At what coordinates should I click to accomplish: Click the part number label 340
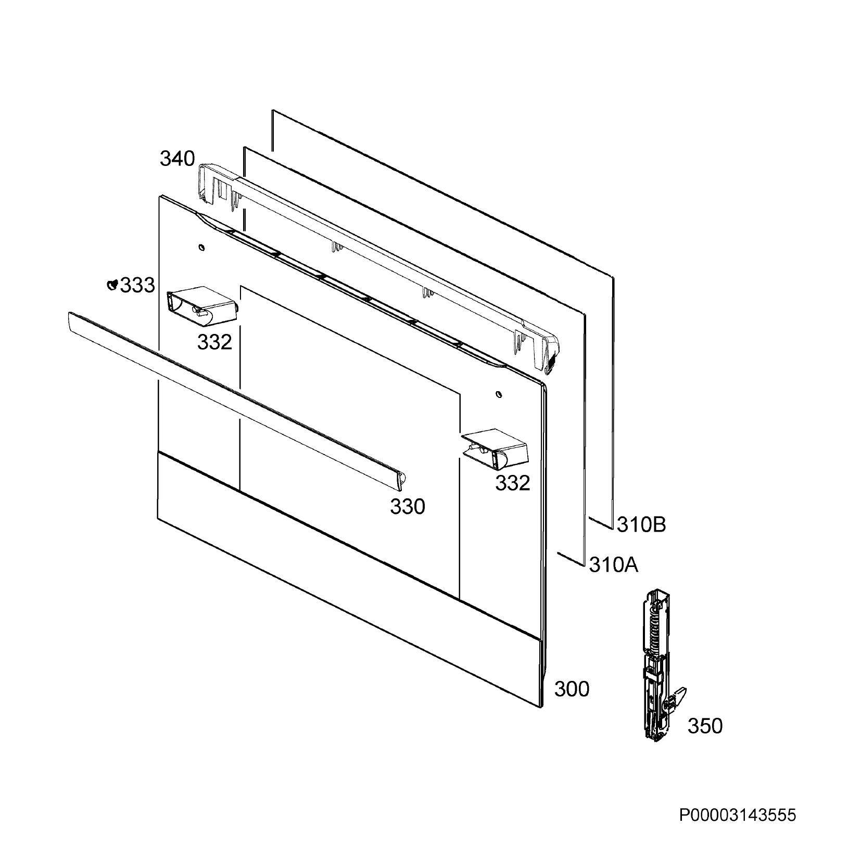(177, 159)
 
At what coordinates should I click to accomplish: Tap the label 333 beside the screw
(137, 285)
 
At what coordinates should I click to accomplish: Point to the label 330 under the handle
(408, 506)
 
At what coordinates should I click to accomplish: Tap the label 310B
(641, 525)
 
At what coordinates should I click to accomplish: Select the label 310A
(614, 564)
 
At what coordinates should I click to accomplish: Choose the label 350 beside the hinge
(705, 726)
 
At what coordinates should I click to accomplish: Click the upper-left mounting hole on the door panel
(201, 247)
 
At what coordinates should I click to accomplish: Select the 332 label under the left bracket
(214, 342)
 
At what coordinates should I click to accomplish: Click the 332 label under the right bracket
(512, 483)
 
